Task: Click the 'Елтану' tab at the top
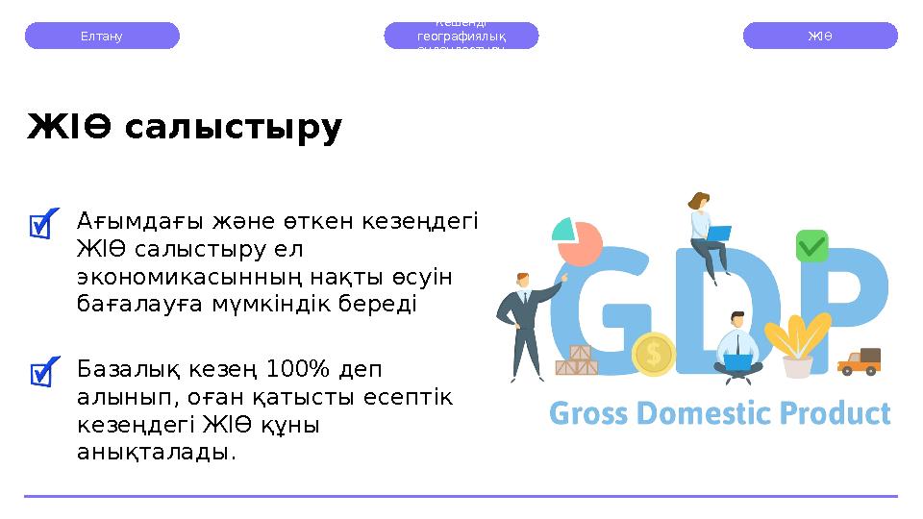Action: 102,36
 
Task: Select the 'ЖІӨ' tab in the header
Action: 820,36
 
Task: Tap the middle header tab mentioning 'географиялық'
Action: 461,36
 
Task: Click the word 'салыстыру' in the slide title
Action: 233,127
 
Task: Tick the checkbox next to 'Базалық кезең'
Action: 43,372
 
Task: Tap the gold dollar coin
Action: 654,354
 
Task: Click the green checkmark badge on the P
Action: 812,246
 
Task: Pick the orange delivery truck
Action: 860,362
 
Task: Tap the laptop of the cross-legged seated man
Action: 738,362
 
